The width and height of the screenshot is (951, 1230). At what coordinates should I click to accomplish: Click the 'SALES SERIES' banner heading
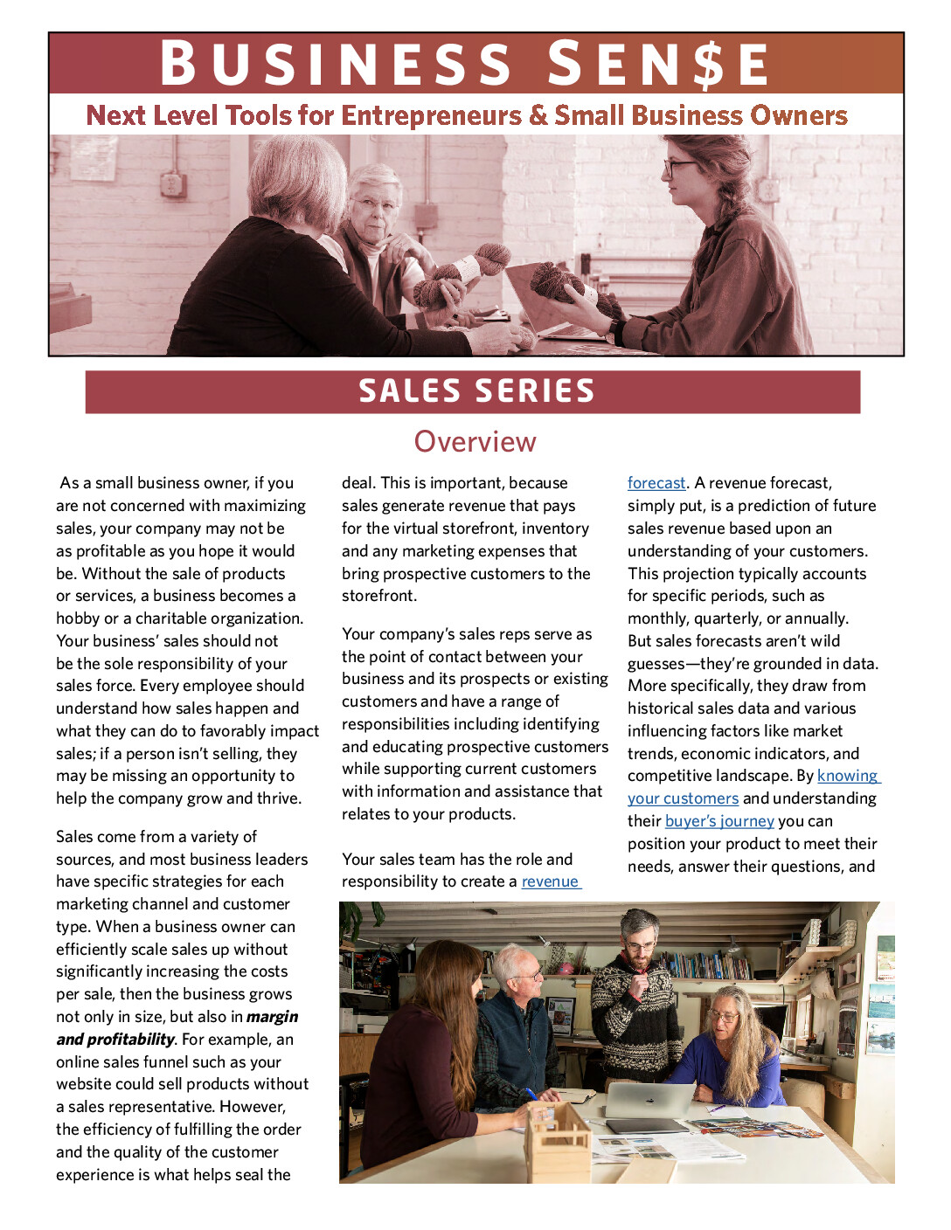coord(475,391)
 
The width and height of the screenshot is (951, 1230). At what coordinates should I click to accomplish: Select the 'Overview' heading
coord(475,442)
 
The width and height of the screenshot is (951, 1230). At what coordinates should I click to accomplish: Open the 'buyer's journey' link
coord(719,821)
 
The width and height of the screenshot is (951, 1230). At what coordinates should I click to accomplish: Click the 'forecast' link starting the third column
coord(656,483)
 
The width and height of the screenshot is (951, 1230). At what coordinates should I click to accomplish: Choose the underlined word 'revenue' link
coord(551,881)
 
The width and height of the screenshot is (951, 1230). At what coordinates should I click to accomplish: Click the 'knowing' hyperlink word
coord(848,776)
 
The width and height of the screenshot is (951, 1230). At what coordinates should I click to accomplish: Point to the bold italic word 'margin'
coord(272,1017)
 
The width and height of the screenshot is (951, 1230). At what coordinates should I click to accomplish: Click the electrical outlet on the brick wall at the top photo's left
coord(171,184)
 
